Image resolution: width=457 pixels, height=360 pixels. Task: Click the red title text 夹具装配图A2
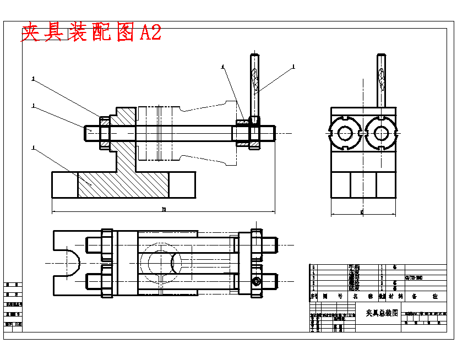coord(91,33)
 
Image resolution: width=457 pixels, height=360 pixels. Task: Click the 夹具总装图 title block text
coord(382,313)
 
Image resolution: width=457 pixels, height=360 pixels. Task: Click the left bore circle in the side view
coord(345,133)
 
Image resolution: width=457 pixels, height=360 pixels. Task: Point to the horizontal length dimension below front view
coord(164,210)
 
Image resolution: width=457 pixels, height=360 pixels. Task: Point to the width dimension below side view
coord(362,211)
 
